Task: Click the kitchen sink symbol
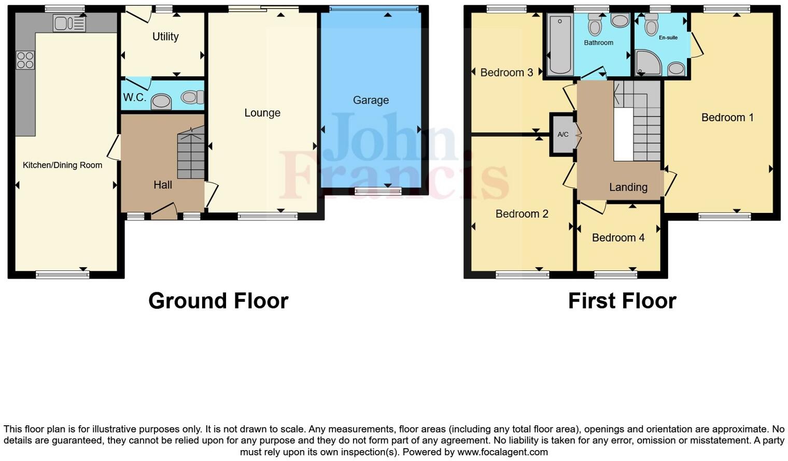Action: [x=69, y=23]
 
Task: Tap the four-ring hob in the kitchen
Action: [x=25, y=60]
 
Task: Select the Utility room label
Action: [x=165, y=37]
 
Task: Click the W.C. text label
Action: [x=134, y=97]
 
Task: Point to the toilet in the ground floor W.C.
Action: [x=193, y=97]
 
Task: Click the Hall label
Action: [x=163, y=185]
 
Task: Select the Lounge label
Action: [x=262, y=113]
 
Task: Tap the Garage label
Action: [x=371, y=100]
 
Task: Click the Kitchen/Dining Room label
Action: [x=62, y=165]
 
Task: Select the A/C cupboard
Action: [x=563, y=135]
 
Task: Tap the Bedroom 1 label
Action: [x=727, y=118]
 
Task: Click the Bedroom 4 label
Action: [x=618, y=238]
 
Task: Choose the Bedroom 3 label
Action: [x=506, y=73]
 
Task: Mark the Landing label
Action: [x=628, y=188]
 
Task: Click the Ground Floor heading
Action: [x=218, y=301]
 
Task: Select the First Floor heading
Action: [x=622, y=301]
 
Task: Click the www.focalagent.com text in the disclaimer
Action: [x=502, y=452]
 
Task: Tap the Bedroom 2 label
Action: [x=522, y=214]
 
